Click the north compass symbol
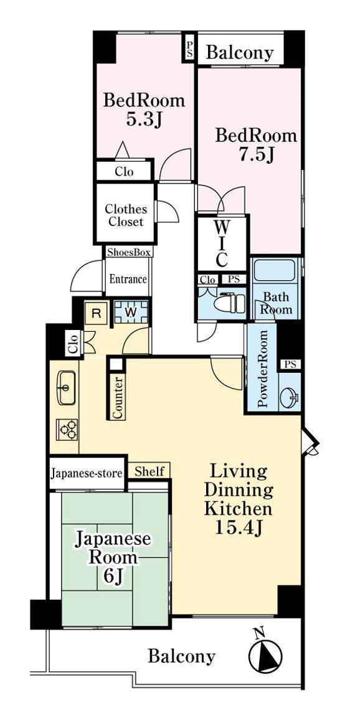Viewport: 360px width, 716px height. pos(265,653)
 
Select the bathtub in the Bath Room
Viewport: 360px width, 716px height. pos(274,270)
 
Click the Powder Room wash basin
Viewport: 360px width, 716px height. pos(289,397)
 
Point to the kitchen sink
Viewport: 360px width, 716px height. pos(66,388)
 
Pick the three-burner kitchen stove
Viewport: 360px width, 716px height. pos(67,429)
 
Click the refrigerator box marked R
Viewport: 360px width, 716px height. pos(97,313)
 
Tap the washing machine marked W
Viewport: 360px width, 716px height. pos(131,312)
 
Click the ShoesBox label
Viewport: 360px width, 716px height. pos(129,252)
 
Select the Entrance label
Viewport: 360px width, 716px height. pos(128,278)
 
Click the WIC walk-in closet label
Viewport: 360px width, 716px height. pos(222,242)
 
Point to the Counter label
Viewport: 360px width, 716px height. pos(117,397)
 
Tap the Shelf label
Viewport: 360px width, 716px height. pos(149,471)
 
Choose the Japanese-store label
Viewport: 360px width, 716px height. pos(87,473)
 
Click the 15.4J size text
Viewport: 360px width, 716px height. pos(238,527)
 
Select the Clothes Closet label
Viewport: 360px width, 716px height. pos(126,215)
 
